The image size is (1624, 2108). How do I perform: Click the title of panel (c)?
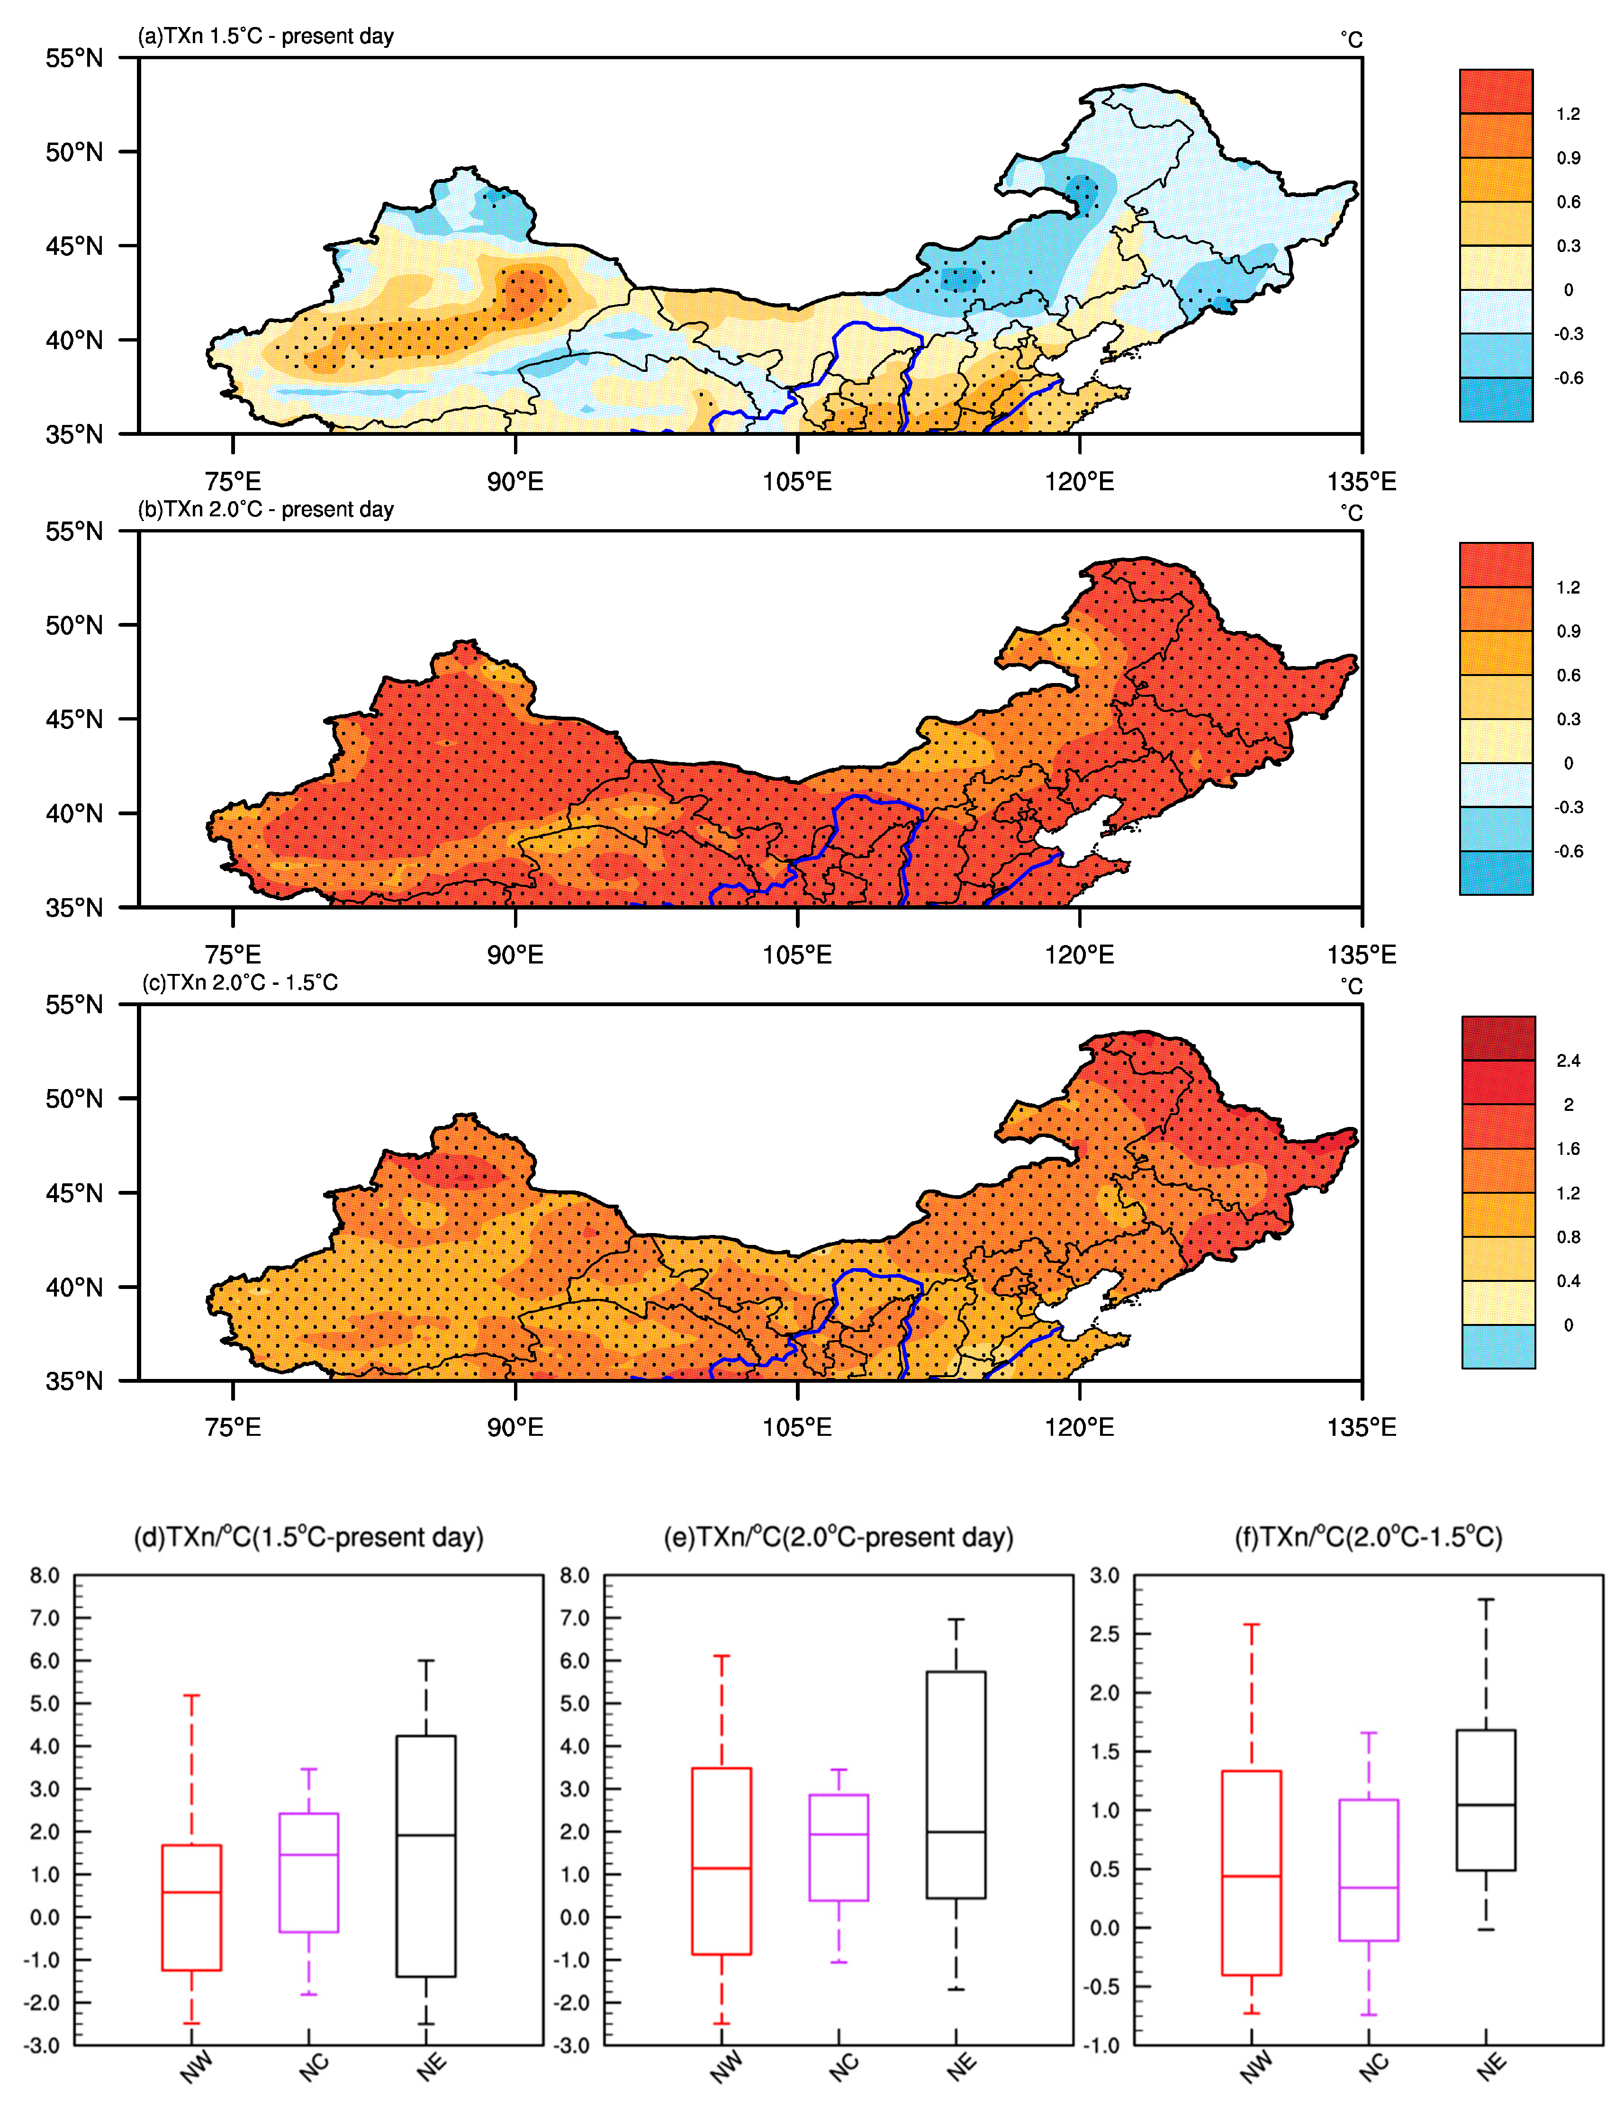[240, 982]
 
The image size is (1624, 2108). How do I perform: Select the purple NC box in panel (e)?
[838, 1847]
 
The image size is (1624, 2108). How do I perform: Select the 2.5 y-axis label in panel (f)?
[1105, 1634]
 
